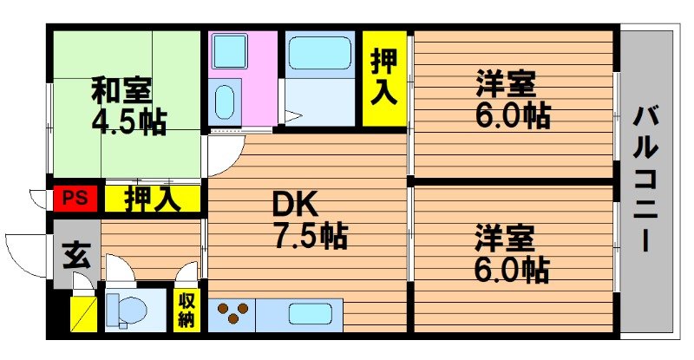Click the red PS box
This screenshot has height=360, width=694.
click(75, 199)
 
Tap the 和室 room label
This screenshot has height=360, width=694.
click(122, 89)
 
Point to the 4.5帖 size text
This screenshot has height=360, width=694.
click(129, 121)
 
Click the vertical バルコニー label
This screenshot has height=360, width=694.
click(645, 178)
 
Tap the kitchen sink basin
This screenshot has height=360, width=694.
click(313, 313)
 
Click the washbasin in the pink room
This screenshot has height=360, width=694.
click(225, 102)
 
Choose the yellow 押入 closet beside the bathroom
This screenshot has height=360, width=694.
click(383, 78)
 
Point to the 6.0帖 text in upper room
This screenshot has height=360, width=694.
click(512, 115)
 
